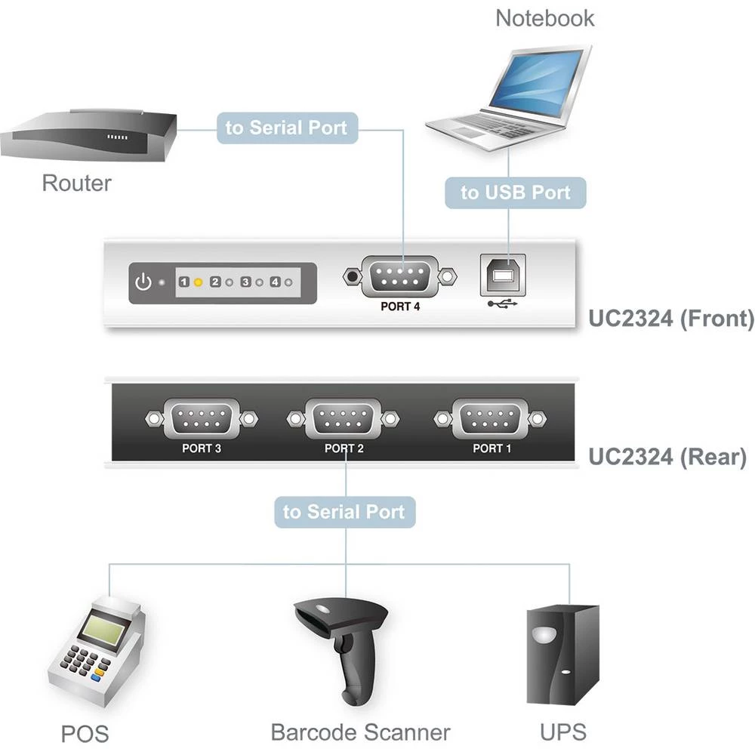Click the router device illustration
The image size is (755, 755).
(88, 137)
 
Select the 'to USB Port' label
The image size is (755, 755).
(515, 193)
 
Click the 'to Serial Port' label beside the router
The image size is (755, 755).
(287, 128)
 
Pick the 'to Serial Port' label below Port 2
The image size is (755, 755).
(344, 511)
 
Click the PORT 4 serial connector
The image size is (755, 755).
(400, 276)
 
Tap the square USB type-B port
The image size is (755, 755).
(499, 276)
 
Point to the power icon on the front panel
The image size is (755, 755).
(143, 283)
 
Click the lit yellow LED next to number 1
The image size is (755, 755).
(198, 282)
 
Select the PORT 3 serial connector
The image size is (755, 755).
(202, 418)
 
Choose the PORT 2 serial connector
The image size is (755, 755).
(344, 418)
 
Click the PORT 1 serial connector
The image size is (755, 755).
(492, 418)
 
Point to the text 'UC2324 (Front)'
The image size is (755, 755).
(670, 319)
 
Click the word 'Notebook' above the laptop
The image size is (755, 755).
(544, 18)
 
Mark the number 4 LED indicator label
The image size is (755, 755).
(275, 282)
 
